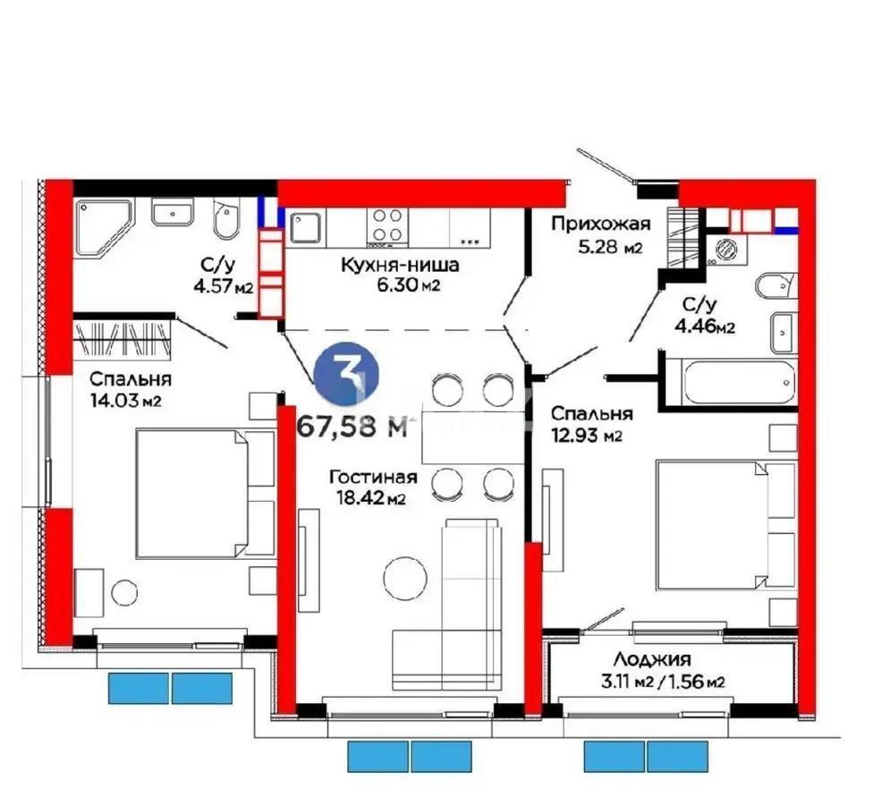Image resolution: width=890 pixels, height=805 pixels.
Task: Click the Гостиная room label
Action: tap(367, 477)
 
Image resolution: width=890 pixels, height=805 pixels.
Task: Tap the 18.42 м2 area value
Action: tap(367, 499)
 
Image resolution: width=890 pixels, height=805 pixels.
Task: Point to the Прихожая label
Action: tap(600, 224)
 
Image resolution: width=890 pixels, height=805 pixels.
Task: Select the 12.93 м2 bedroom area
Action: tap(587, 436)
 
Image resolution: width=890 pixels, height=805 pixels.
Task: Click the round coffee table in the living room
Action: tap(405, 579)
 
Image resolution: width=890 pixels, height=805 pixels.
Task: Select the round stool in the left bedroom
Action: tap(123, 593)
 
